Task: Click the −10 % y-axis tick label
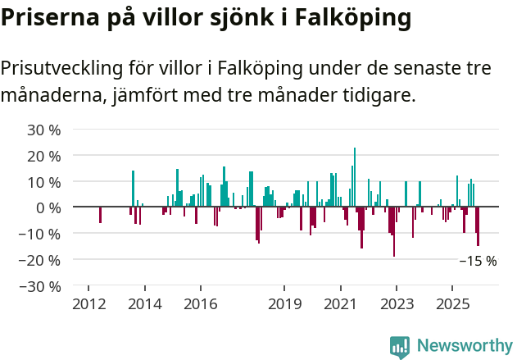[x=40, y=234]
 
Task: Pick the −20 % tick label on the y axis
[x=40, y=260]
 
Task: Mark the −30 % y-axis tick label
[x=40, y=286]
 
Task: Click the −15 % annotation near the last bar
[x=477, y=262]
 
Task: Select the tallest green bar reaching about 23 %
[x=355, y=176]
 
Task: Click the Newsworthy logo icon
[x=400, y=347]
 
